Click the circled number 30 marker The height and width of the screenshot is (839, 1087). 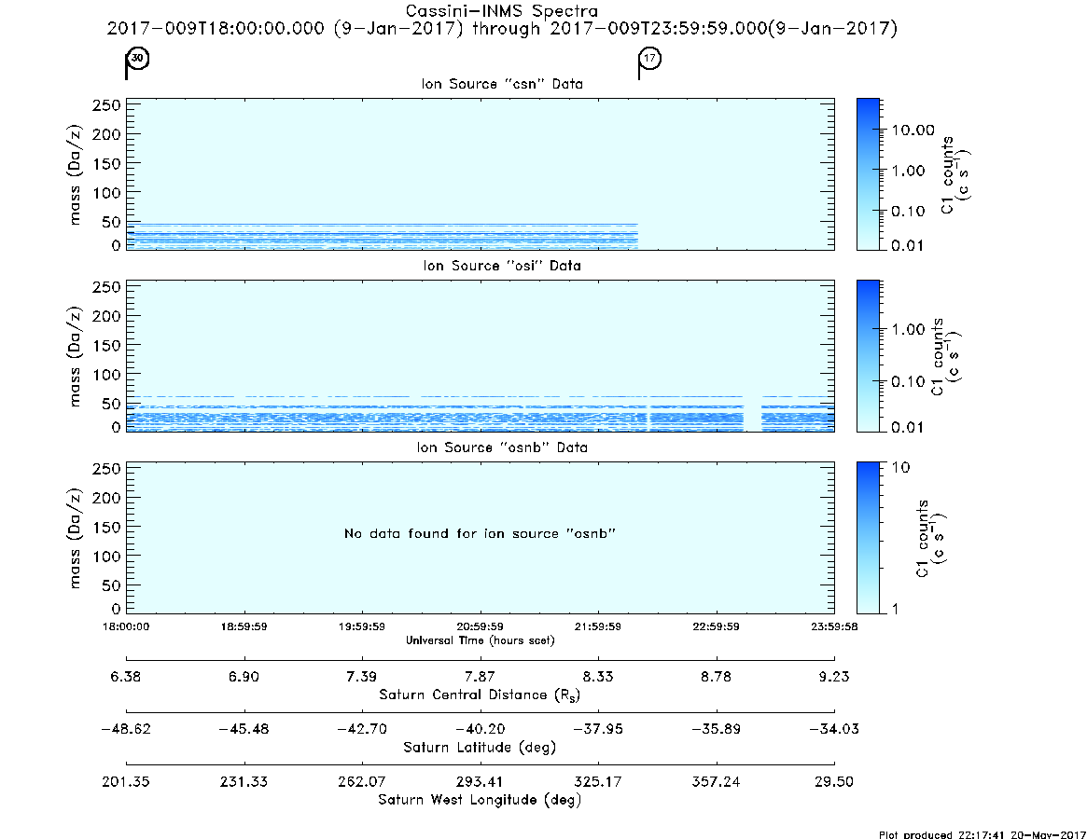(x=138, y=58)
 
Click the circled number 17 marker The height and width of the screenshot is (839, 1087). (x=649, y=58)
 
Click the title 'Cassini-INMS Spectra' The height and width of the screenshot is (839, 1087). (x=501, y=11)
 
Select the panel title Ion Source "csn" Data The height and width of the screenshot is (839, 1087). (x=502, y=84)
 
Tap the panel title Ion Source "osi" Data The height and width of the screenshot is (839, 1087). (x=502, y=266)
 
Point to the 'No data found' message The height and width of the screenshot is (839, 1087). (x=480, y=533)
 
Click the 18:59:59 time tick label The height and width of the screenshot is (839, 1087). (x=244, y=626)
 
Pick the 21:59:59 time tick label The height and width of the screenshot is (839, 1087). (x=597, y=626)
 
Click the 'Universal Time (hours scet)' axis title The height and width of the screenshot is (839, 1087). (x=480, y=640)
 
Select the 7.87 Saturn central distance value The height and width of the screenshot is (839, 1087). (x=480, y=677)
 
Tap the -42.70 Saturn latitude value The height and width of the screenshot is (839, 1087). (x=362, y=729)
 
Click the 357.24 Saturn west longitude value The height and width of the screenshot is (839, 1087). (x=717, y=781)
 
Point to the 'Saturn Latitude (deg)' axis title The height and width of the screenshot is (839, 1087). (x=480, y=748)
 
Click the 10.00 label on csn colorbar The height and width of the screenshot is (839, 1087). (x=913, y=131)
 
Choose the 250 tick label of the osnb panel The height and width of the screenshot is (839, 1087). (x=106, y=469)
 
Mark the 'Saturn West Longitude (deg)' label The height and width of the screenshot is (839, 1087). (x=480, y=800)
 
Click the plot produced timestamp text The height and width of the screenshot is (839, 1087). (x=982, y=834)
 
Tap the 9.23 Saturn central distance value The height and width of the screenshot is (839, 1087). (x=834, y=677)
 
